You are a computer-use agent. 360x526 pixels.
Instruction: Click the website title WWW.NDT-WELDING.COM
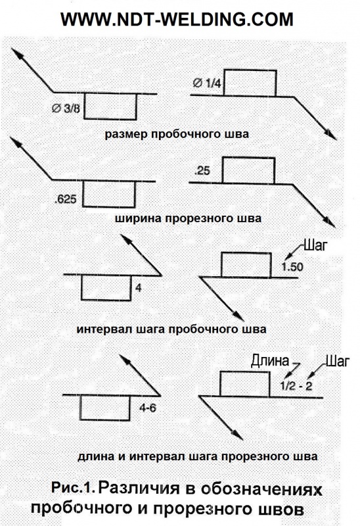177,20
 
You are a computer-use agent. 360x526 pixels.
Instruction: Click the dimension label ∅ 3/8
66,108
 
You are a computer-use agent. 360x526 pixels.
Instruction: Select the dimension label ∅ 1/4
207,84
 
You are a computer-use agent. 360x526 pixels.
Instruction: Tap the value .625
65,199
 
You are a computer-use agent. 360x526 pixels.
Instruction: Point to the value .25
202,171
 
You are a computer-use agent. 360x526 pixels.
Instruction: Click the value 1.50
292,267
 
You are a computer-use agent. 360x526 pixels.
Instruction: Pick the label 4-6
148,408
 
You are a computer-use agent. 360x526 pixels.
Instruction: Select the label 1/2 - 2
296,386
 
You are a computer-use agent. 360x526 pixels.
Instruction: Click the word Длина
270,360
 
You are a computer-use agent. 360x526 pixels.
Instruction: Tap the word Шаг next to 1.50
315,245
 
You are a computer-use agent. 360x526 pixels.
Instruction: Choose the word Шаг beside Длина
338,361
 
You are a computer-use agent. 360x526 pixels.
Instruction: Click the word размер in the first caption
126,135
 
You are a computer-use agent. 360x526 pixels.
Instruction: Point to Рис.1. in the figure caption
73,487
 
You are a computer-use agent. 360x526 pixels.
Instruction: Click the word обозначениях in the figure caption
261,489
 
